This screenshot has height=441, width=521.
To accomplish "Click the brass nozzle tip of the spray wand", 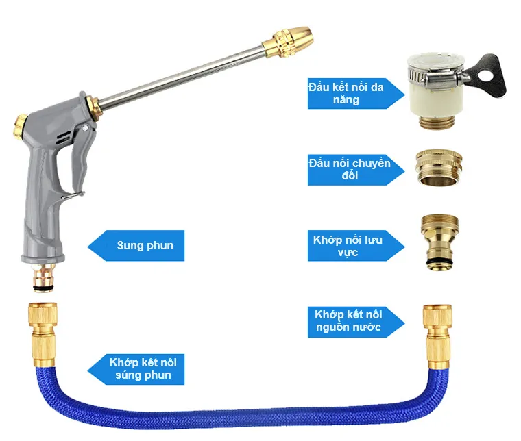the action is point(288,42).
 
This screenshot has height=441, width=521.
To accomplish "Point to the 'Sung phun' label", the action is point(145,246).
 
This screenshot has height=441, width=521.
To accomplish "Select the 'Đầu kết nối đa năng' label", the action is point(346,93).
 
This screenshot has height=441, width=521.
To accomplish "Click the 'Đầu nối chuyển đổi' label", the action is point(350,169).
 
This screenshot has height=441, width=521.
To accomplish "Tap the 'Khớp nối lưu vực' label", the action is point(348,246).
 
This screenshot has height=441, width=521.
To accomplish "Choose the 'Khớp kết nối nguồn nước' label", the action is point(348,321).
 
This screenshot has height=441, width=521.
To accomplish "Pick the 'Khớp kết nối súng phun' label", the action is point(143,368).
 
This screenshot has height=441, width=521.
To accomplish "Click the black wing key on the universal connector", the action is point(488,76).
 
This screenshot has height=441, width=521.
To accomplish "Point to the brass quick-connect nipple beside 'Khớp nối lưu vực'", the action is point(439,242).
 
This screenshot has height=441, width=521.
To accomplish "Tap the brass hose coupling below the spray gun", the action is point(43,335).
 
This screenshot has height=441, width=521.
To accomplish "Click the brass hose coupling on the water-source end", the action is point(437,337).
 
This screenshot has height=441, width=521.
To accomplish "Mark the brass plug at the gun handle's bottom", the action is point(43,278).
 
